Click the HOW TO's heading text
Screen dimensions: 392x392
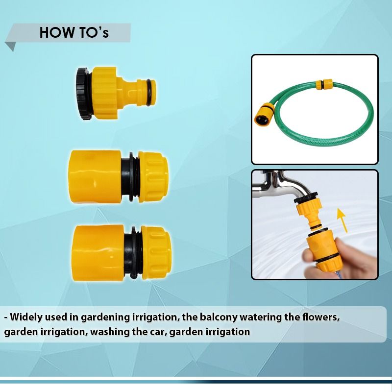click(x=73, y=32)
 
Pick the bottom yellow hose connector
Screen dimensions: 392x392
click(x=121, y=252)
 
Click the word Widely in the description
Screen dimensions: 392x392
click(x=28, y=317)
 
